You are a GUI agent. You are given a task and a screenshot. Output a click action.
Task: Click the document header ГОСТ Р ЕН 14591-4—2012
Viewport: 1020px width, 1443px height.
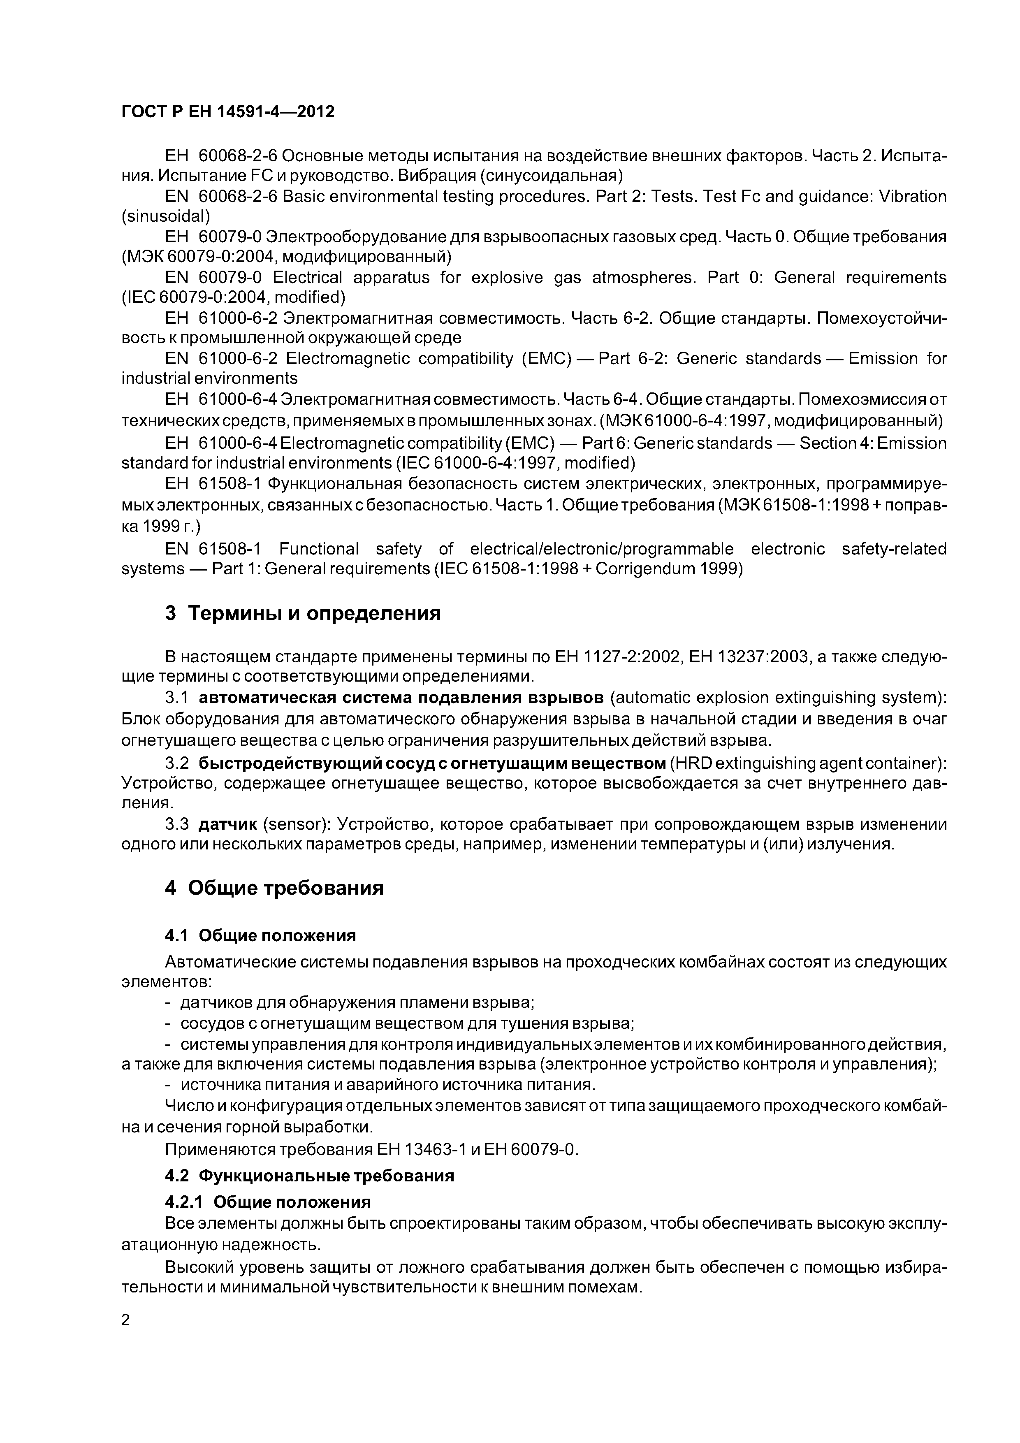click(227, 112)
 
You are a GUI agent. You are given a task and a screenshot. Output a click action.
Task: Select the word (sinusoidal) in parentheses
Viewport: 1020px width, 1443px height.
click(165, 217)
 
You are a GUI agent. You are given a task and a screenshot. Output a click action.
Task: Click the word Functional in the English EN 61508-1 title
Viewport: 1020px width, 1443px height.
click(319, 549)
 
